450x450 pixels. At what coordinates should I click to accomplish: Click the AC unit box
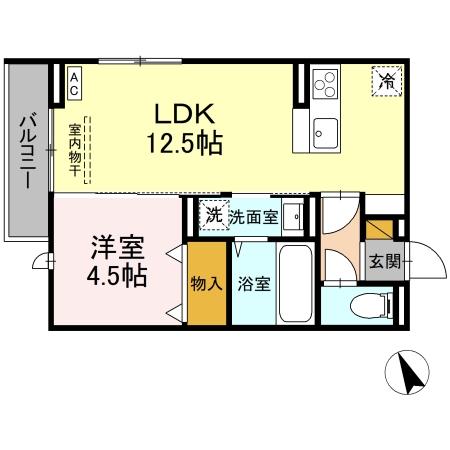pyautogui.click(x=75, y=81)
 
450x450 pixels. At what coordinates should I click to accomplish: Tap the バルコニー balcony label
pyautogui.click(x=27, y=153)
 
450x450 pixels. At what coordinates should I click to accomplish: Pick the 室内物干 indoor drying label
pyautogui.click(x=76, y=149)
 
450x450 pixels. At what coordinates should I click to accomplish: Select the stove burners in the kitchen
pyautogui.click(x=326, y=83)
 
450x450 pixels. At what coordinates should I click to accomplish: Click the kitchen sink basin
pyautogui.click(x=326, y=129)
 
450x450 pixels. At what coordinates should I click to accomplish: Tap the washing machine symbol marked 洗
pyautogui.click(x=213, y=214)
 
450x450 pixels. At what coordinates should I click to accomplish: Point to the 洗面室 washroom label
pyautogui.click(x=253, y=215)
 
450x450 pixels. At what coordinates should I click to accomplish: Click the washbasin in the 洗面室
pyautogui.click(x=294, y=214)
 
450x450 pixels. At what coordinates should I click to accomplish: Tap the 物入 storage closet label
pyautogui.click(x=206, y=284)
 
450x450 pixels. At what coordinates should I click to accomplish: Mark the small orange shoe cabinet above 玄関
pyautogui.click(x=378, y=230)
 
